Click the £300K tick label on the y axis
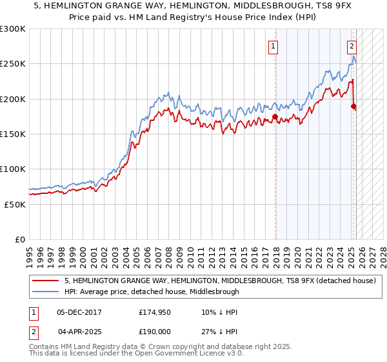13,29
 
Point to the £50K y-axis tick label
15,204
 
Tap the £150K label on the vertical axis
13,134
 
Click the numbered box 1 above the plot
273,46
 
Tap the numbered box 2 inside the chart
352,46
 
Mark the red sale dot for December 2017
275,117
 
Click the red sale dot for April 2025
354,107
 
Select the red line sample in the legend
46,281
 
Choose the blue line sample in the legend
46,292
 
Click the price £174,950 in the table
154,312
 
